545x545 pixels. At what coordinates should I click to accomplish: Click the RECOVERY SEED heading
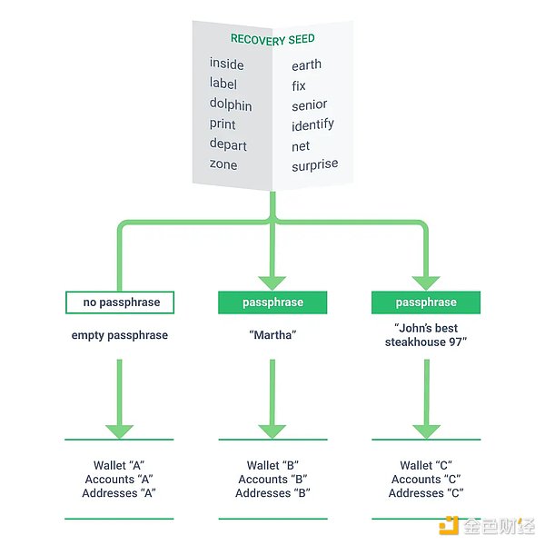point(272,39)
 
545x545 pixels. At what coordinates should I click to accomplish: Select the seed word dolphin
point(231,104)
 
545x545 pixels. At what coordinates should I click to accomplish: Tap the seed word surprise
point(315,165)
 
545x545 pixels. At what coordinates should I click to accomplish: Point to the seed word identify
point(312,124)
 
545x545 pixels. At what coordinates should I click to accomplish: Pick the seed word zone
point(223,164)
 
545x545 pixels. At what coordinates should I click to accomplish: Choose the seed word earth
point(307,65)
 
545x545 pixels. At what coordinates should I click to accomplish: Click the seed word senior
point(310,104)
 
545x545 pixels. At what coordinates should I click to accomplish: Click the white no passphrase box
point(119,302)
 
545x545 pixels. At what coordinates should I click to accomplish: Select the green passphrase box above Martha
point(272,302)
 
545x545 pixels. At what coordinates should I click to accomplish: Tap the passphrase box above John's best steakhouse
point(426,302)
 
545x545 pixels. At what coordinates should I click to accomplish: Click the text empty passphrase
point(119,335)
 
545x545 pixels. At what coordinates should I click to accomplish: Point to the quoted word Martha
point(272,335)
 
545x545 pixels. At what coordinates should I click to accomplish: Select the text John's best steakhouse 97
point(426,335)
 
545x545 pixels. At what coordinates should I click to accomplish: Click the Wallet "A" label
point(119,466)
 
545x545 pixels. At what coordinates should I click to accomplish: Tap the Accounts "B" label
point(272,480)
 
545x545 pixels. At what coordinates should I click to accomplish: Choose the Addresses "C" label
point(426,493)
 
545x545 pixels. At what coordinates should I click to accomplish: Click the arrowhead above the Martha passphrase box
point(272,282)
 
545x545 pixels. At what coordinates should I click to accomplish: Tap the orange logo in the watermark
point(447,525)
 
